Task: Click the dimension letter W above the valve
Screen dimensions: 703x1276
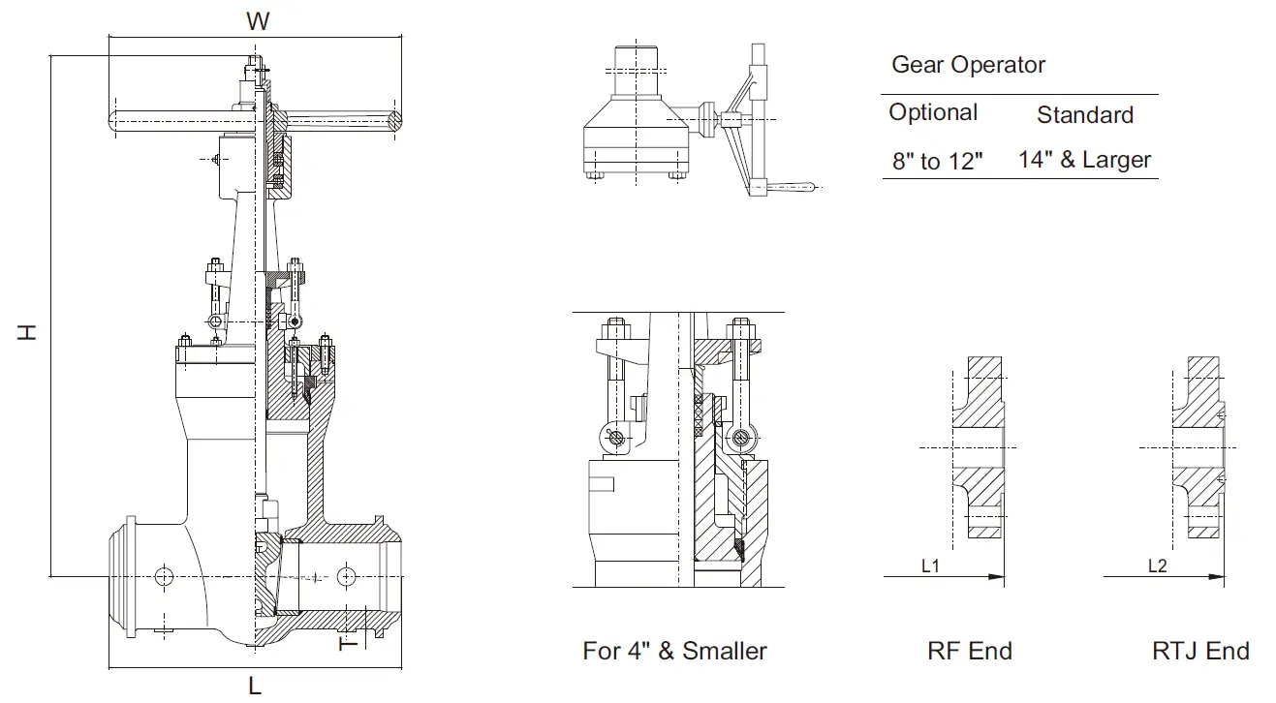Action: coord(257,20)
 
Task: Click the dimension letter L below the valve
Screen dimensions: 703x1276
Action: coord(255,686)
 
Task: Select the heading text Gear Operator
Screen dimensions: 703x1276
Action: coord(968,65)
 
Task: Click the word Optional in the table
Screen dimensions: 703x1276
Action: coord(933,112)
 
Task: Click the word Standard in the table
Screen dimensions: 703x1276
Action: coord(1084,115)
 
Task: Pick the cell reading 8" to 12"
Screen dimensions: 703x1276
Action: coord(937,162)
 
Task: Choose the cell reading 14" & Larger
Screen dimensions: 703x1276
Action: coord(1084,160)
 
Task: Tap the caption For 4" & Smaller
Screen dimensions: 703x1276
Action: coord(674,651)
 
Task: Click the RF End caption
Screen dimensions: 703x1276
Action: coord(969,651)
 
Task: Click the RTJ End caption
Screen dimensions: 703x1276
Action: coord(1200,651)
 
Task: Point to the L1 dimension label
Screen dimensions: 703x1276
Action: coord(930,566)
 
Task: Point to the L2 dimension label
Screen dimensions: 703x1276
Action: coord(1157,566)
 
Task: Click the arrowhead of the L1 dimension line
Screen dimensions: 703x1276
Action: coord(997,577)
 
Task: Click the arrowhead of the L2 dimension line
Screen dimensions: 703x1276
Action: coord(1215,577)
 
